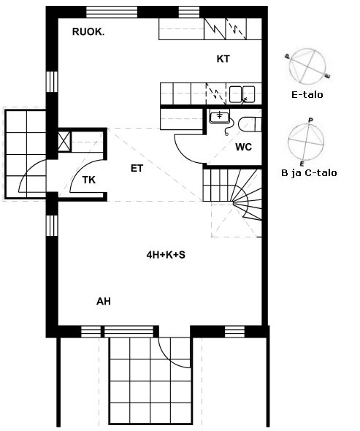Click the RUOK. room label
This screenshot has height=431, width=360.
click(x=88, y=32)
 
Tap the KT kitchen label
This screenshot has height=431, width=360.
click(x=223, y=59)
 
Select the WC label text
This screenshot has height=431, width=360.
click(x=243, y=147)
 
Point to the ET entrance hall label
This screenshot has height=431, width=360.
click(x=137, y=168)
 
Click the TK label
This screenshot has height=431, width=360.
click(x=89, y=180)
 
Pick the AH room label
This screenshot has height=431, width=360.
click(x=104, y=302)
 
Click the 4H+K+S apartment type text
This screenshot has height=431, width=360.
click(x=166, y=255)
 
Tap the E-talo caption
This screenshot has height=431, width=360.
click(x=307, y=95)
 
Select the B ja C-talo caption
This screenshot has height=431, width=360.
click(x=309, y=173)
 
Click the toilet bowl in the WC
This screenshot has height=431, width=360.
click(x=250, y=124)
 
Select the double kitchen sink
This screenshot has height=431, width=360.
click(x=242, y=94)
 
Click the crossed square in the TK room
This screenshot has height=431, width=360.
click(x=64, y=142)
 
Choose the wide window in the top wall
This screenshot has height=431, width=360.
click(x=112, y=12)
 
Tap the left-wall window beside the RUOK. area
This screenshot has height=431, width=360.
click(x=52, y=82)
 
